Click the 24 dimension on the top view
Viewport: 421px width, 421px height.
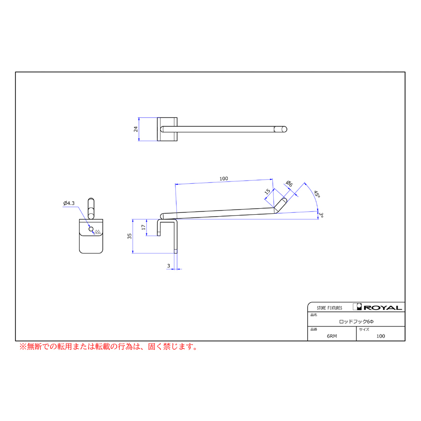[136, 129]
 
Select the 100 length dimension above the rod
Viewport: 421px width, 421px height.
[224, 179]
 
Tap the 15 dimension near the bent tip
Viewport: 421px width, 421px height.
[268, 191]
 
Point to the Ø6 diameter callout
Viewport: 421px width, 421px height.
[289, 184]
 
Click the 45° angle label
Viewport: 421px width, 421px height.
[317, 194]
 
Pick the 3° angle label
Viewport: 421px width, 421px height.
[321, 215]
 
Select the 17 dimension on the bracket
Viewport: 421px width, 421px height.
[144, 227]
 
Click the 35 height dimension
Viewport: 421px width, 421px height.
[130, 236]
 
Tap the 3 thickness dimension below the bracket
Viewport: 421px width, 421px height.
[168, 266]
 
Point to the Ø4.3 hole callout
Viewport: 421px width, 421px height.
[69, 203]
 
